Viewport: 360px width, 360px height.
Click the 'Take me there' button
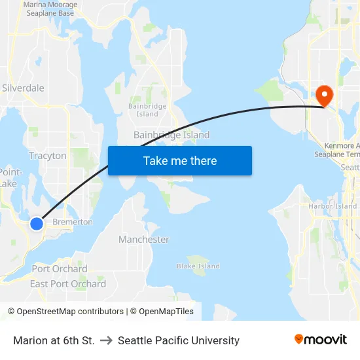click(180, 160)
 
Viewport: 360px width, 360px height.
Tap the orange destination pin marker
click(324, 96)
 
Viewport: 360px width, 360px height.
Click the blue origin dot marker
click(37, 224)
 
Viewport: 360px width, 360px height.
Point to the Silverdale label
click(23, 88)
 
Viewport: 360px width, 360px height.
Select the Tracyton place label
click(48, 156)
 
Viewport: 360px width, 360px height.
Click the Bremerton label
click(73, 222)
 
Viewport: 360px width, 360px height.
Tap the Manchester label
click(144, 240)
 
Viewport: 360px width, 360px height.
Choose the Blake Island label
click(198, 266)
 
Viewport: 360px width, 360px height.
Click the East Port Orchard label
click(68, 283)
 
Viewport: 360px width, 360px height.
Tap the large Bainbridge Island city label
click(171, 135)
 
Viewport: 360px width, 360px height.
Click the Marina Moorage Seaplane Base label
click(50, 9)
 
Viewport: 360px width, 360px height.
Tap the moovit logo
click(321, 339)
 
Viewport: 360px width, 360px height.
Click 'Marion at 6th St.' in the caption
click(54, 340)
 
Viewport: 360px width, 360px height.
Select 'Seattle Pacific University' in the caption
click(179, 340)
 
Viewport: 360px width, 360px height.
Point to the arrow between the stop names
click(106, 340)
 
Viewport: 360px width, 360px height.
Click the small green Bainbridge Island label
click(147, 110)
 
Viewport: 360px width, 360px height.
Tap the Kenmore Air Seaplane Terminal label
click(342, 150)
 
